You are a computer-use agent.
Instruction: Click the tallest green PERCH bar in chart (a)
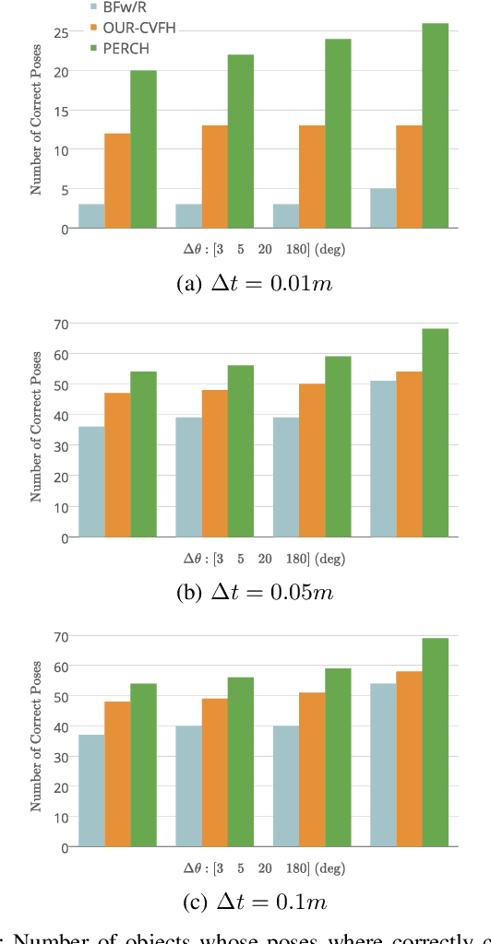tap(435, 125)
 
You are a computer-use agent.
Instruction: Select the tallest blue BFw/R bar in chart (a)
tap(383, 208)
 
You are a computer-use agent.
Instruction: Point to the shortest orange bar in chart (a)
tap(117, 181)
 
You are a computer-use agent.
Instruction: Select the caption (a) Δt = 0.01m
tap(254, 284)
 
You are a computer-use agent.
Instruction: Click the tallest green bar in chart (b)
tap(435, 433)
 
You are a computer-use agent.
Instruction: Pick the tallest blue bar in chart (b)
tap(383, 459)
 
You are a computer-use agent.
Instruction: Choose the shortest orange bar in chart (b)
tap(117, 466)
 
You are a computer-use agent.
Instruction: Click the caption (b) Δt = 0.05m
tap(254, 593)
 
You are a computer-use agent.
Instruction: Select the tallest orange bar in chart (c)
tap(409, 759)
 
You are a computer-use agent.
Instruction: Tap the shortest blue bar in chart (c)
tap(91, 790)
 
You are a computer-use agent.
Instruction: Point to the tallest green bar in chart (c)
tap(435, 742)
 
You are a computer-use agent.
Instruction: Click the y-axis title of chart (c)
tap(36, 736)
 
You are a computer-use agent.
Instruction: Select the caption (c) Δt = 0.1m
tap(254, 902)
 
